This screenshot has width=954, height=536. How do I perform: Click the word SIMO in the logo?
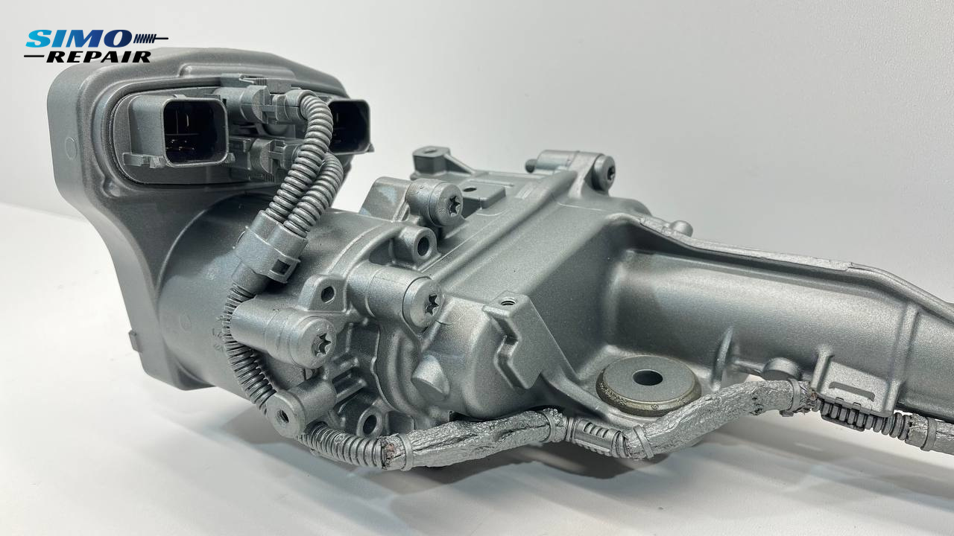click(x=78, y=39)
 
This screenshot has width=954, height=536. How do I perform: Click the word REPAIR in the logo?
click(x=99, y=57)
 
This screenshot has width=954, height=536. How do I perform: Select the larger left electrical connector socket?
click(x=195, y=130)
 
